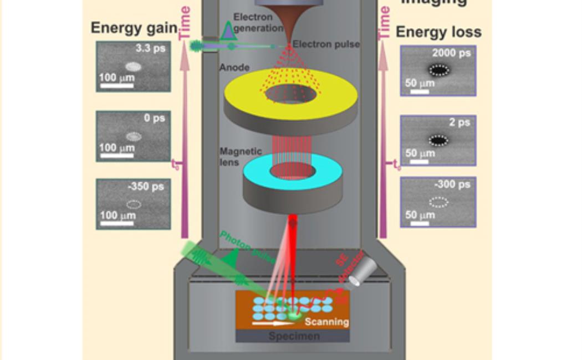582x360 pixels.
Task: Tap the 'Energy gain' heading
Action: coord(134,28)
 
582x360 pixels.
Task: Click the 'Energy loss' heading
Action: coord(438,32)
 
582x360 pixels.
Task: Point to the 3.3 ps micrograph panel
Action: coord(133,66)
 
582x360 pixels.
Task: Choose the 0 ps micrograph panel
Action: coord(133,136)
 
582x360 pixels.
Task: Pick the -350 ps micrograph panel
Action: coord(133,204)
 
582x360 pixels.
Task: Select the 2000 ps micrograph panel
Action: coord(438,71)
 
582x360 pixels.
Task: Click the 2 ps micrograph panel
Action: coord(438,140)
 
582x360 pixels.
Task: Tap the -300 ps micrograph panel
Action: coord(438,202)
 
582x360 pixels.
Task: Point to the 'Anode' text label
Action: coord(234,68)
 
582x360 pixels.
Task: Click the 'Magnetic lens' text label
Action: coord(240,157)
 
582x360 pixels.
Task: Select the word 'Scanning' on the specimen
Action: coord(327,321)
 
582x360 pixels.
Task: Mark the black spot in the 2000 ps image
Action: coord(439,70)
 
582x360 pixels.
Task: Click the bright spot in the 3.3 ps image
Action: coord(133,68)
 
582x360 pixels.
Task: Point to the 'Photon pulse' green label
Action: coord(247,246)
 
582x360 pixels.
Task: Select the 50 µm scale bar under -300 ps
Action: coord(420,224)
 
